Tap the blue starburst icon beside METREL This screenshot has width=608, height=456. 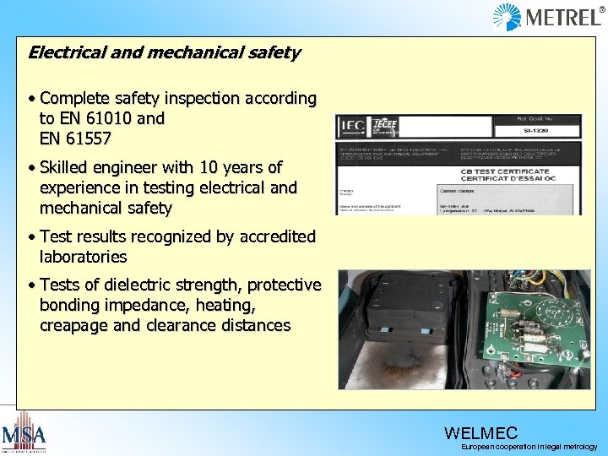508,17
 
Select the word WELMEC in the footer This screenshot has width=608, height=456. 480,434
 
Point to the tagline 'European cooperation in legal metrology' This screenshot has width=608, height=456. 529,447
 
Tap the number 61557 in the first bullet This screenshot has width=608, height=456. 87,138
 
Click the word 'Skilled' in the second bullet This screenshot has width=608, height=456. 68,167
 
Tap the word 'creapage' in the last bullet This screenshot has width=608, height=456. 73,325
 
